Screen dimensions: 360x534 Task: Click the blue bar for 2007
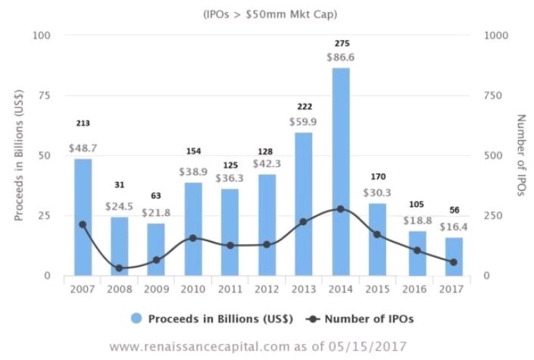83,217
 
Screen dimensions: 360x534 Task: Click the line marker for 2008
120,268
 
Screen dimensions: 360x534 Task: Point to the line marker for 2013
304,222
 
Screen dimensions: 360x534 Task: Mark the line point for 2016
416,250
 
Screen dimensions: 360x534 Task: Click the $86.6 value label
341,57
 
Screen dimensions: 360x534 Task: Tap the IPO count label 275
341,43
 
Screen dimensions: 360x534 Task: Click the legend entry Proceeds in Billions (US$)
208,318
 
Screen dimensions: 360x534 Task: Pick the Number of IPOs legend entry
364,318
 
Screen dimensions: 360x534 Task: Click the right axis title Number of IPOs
521,155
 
